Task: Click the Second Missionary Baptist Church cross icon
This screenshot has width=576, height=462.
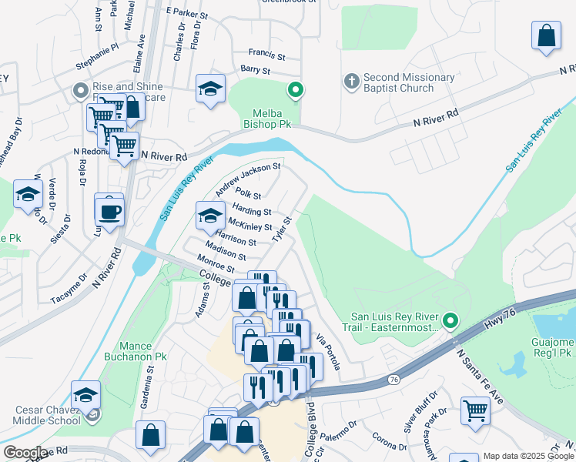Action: [351, 81]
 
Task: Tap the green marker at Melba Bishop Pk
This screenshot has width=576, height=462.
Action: [295, 91]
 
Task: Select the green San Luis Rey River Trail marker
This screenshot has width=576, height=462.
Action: [450, 320]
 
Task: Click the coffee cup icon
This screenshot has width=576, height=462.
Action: [109, 210]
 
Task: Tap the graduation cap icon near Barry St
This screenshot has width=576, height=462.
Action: [210, 90]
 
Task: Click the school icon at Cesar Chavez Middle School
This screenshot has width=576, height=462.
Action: [85, 397]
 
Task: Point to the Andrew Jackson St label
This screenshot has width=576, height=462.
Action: [248, 178]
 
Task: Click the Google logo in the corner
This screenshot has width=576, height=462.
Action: [25, 453]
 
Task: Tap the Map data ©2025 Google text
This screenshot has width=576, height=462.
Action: [528, 456]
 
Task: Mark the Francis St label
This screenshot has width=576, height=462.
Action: [266, 56]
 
